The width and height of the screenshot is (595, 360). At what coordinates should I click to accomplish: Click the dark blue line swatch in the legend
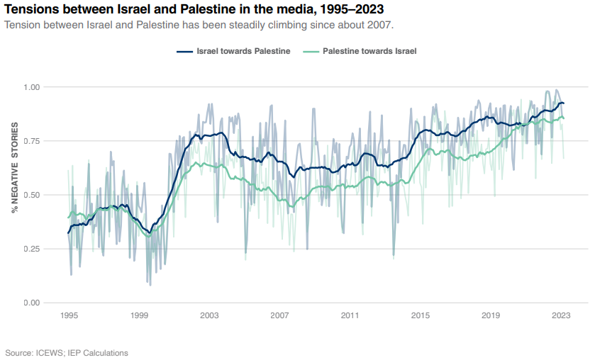tap(184, 52)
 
